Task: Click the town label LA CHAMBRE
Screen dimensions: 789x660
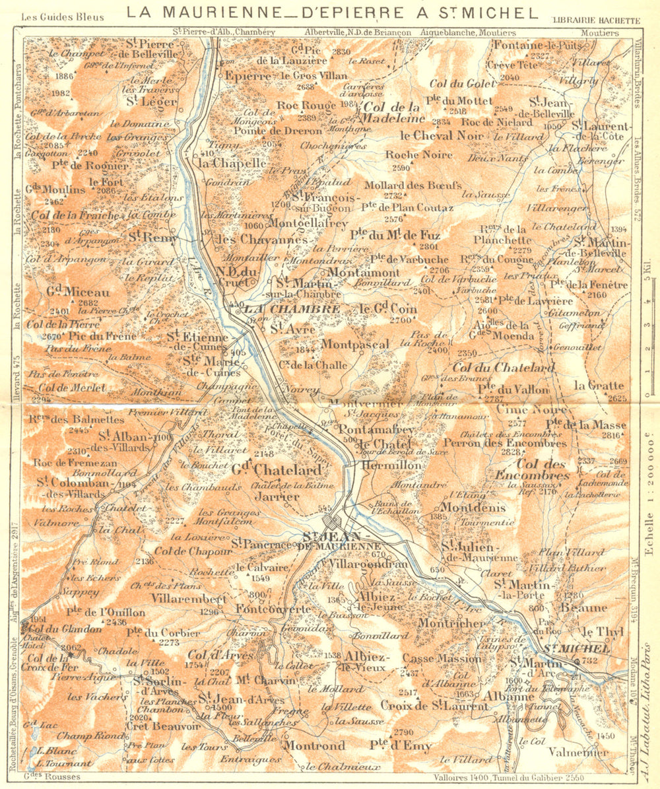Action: coord(291,308)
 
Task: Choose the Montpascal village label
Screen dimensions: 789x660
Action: coord(355,343)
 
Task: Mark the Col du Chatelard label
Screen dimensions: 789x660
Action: coord(503,367)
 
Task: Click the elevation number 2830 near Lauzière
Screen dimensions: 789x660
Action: coord(341,51)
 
